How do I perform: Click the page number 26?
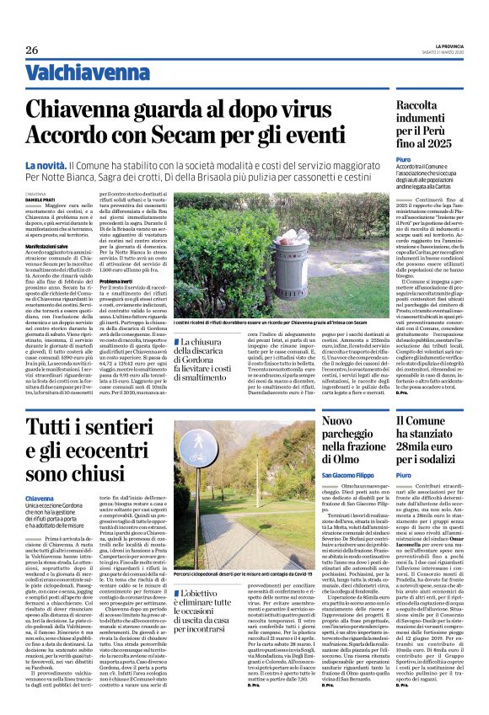click(32, 51)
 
